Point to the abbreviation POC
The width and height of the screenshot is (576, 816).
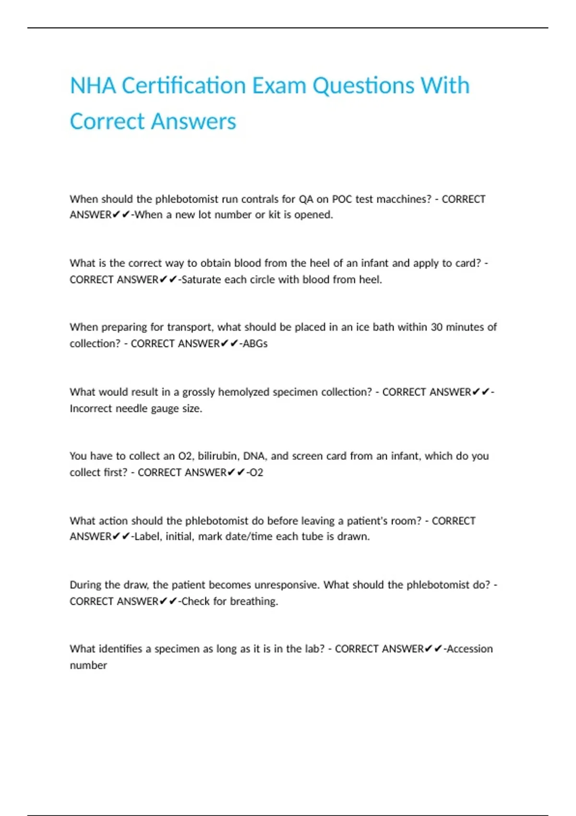(x=342, y=199)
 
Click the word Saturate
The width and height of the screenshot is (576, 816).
(x=201, y=280)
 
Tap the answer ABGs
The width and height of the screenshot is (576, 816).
(x=255, y=344)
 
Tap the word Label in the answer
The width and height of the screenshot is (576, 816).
(x=147, y=537)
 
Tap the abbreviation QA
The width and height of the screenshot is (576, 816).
(x=306, y=199)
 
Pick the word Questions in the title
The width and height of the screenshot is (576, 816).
(x=363, y=86)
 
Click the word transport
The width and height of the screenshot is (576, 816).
(x=189, y=327)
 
